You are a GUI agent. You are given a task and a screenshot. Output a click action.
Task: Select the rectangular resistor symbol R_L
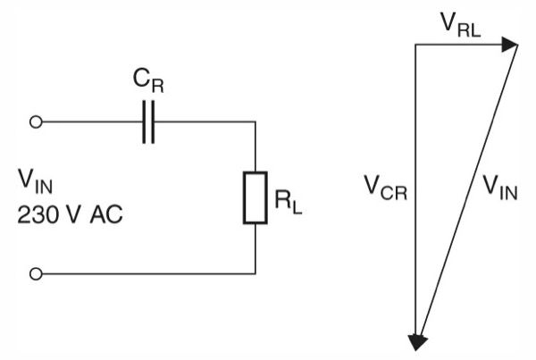pos(255,197)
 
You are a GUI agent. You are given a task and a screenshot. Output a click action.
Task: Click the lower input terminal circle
pos(36,272)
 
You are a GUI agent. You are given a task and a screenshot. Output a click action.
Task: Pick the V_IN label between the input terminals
pos(36,183)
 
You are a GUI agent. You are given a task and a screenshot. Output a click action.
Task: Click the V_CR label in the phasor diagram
pos(384,187)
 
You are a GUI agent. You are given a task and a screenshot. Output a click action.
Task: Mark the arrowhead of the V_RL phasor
pos(512,45)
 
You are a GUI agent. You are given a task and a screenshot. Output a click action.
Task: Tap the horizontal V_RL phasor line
pos(460,45)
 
